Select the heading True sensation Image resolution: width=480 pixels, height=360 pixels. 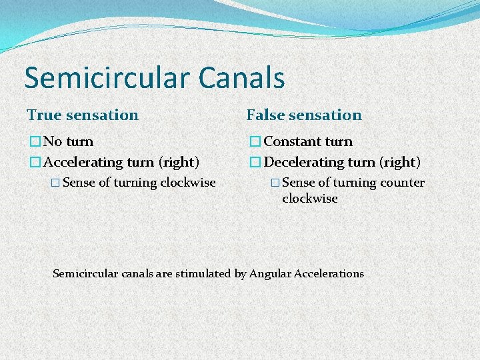pos(83,115)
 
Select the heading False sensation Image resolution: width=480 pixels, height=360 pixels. pos(304,115)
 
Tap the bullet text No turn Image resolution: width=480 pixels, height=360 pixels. pos(69,141)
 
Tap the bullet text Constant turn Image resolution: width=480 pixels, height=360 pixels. pos(309,141)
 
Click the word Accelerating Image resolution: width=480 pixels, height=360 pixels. pos(83,162)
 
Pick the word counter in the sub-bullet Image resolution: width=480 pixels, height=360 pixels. pos(402,183)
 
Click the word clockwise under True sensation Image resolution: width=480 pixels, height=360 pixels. pos(188,183)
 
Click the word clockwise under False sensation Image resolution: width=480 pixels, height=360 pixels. pos(309,199)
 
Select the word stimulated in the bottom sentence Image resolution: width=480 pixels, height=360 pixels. pos(202,273)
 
